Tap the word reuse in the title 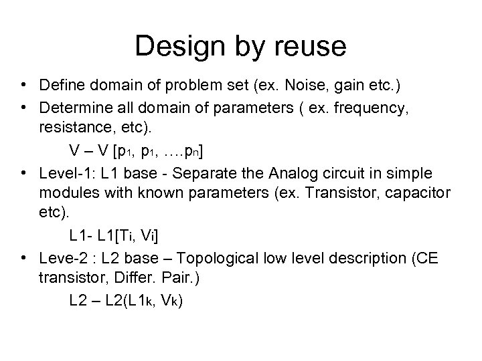tap(311, 47)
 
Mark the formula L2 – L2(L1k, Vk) tap(126, 300)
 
